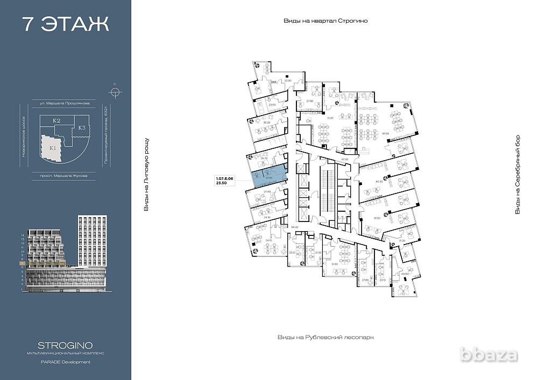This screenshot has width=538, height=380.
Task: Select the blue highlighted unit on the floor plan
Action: click(x=268, y=177)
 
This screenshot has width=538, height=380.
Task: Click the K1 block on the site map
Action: click(x=52, y=148)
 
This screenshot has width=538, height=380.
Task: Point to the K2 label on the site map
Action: click(x=56, y=121)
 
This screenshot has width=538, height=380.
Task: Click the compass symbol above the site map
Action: click(x=114, y=90)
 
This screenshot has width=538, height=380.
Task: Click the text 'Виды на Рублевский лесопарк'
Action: click(x=325, y=337)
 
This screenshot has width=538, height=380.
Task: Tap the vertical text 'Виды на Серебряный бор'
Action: click(x=518, y=175)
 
